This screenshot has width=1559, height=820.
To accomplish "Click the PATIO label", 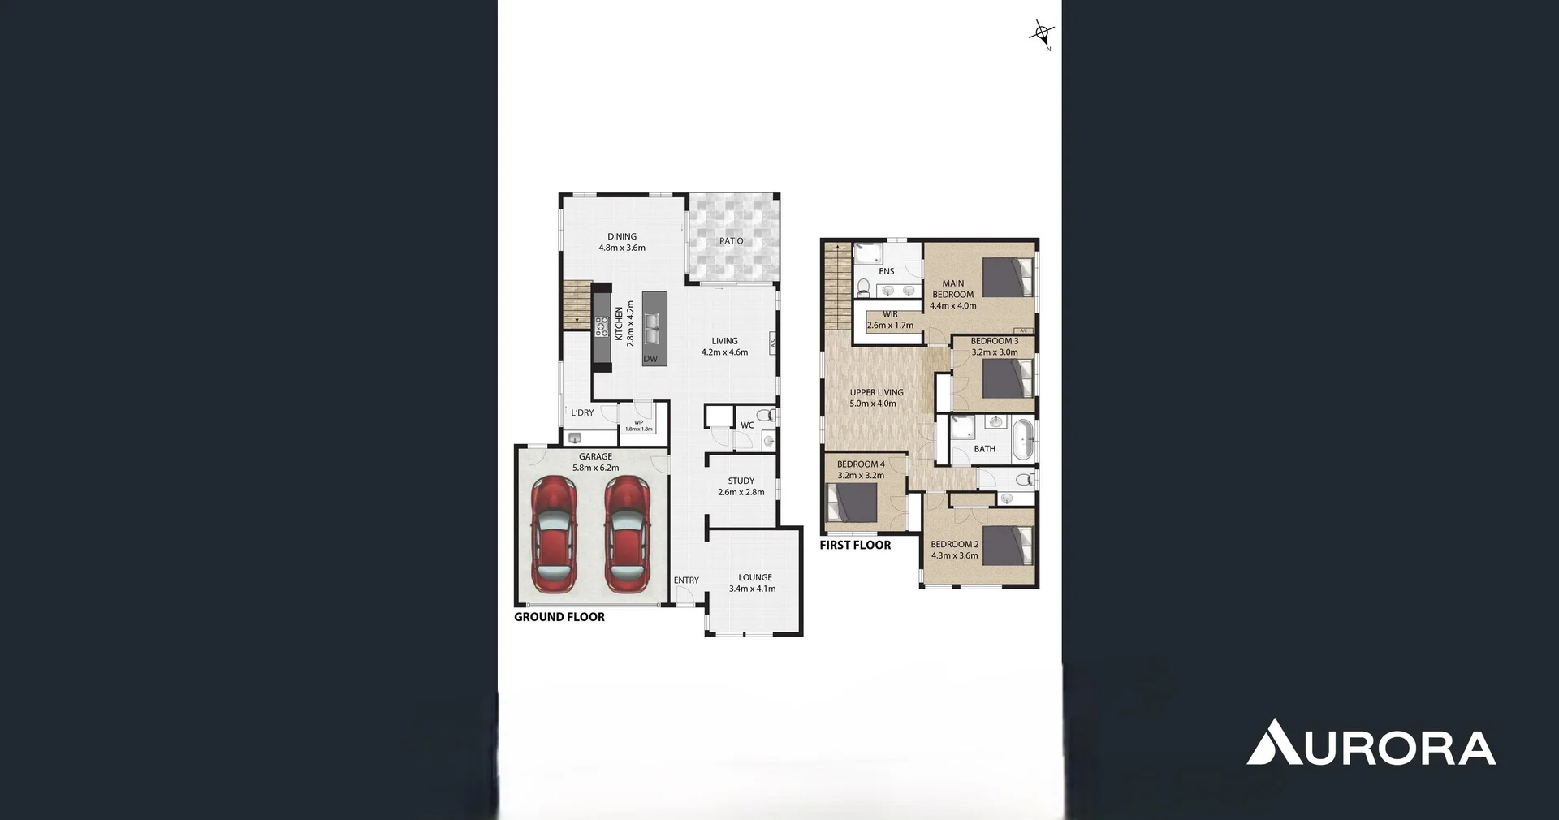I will pos(731,241).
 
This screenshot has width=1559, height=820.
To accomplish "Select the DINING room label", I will pos(622,237).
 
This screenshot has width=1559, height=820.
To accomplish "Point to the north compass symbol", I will pos(1042,34).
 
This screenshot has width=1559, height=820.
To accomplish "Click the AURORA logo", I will pos(1371,743).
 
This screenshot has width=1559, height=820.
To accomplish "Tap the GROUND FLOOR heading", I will pos(559,617).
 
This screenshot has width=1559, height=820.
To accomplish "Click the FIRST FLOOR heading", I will pos(855,546).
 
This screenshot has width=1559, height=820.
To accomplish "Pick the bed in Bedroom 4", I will pos(852,502).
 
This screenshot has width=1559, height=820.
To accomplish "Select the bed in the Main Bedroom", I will pos(1008,277).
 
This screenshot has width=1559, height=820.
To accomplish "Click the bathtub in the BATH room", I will pos(1022,439).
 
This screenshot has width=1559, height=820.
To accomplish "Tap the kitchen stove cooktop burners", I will pos(602,326).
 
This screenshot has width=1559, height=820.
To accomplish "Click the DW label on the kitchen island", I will pos(650,359).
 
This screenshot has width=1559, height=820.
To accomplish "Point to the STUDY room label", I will pos(741,481).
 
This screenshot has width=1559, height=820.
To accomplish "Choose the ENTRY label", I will pos(686,580).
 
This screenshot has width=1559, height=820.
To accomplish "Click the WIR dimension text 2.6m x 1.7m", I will pos(890,326).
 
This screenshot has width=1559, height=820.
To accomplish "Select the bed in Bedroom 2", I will pos(1008,545).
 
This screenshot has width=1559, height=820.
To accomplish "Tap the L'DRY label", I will pos(582,412).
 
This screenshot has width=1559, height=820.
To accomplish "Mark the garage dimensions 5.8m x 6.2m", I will pos(595,468).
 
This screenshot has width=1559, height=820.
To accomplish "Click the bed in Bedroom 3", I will pos(1008,378).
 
